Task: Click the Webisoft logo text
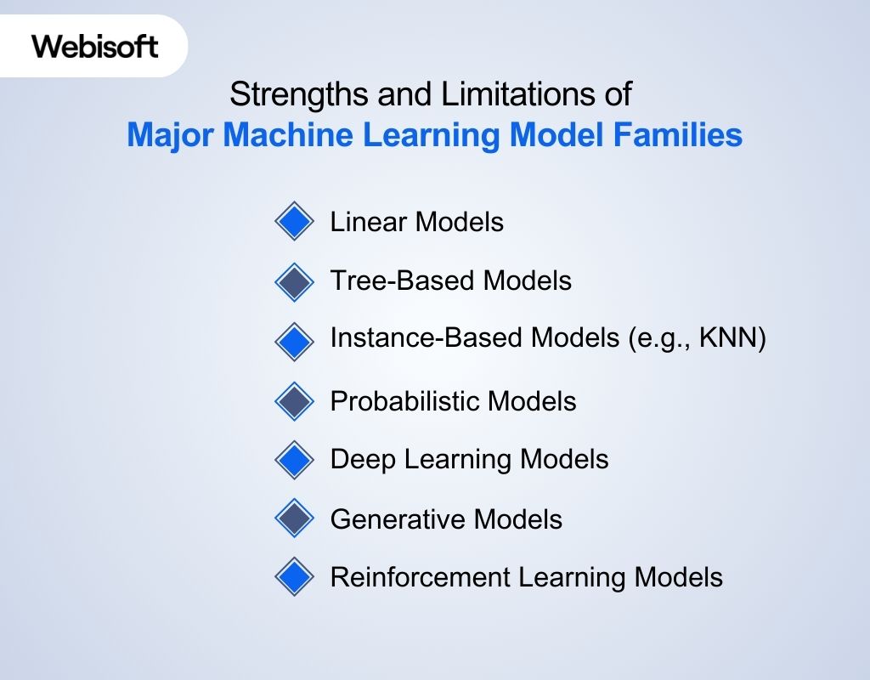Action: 95,46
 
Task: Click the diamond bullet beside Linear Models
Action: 295,222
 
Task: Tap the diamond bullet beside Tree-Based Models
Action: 295,281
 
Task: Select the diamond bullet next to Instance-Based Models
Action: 295,341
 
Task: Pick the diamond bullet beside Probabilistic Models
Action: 295,400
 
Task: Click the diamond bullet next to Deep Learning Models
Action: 295,460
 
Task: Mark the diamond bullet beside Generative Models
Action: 295,518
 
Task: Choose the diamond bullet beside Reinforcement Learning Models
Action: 295,578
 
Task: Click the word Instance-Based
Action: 426,338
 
